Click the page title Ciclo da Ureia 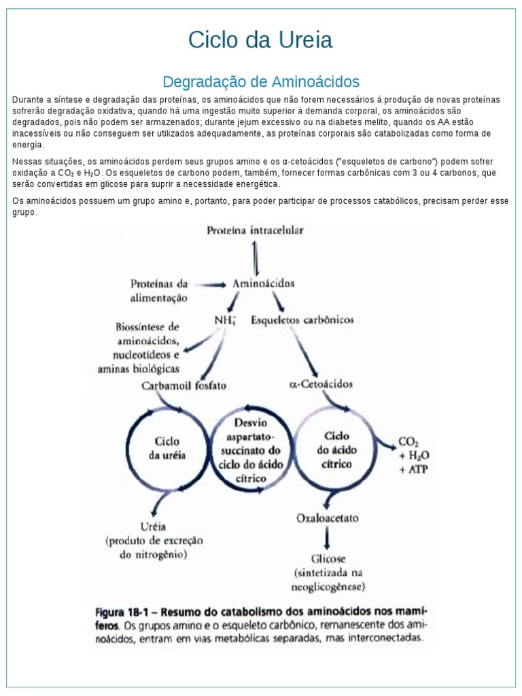coord(260,40)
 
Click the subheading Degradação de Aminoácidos coord(260,82)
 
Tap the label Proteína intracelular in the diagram coord(255,230)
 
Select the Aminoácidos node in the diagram coord(263,282)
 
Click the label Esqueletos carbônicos coord(302,319)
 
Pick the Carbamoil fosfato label coord(184,385)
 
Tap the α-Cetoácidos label coord(321,384)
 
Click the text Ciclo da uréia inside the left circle coord(167,449)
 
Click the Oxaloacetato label coord(328,518)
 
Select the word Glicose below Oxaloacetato coord(329,559)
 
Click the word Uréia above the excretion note coord(153,526)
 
